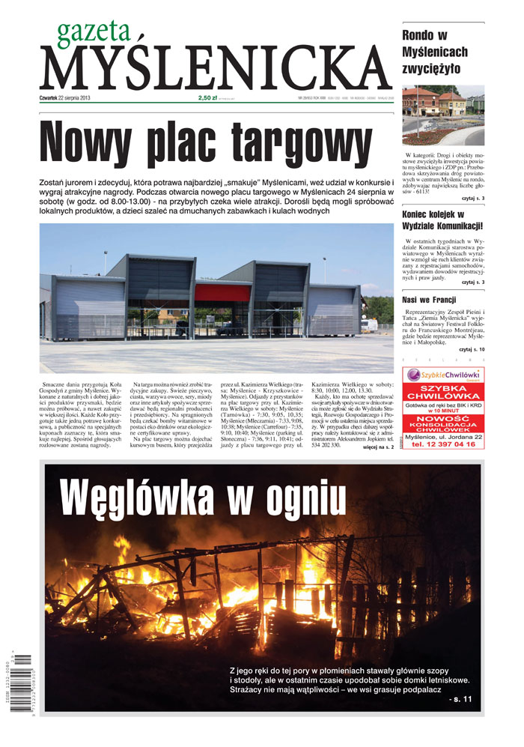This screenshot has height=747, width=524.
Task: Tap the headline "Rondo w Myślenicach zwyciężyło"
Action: point(435,52)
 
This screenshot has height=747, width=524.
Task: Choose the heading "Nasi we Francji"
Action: point(430,300)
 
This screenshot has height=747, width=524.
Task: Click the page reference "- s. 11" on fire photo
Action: point(458,699)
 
